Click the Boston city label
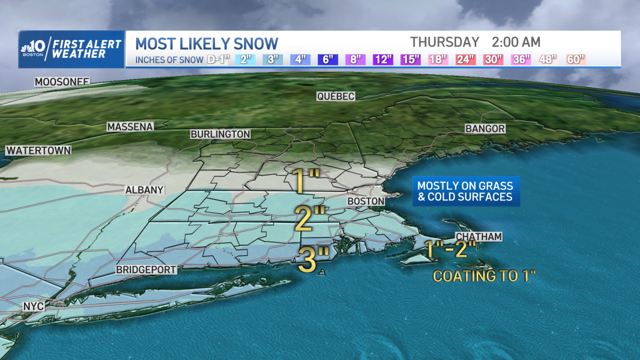click(x=366, y=201)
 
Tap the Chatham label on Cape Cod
click(x=478, y=237)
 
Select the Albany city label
click(x=144, y=190)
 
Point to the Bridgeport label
click(x=146, y=270)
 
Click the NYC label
click(x=33, y=307)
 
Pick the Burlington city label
click(x=220, y=134)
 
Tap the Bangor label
click(x=485, y=129)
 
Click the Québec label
click(x=335, y=97)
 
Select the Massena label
click(x=130, y=127)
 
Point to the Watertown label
click(x=38, y=150)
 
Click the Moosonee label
click(x=62, y=82)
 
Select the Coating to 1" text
click(x=484, y=276)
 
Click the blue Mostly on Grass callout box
click(x=465, y=191)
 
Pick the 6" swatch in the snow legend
click(x=327, y=59)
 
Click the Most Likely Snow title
click(x=207, y=43)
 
